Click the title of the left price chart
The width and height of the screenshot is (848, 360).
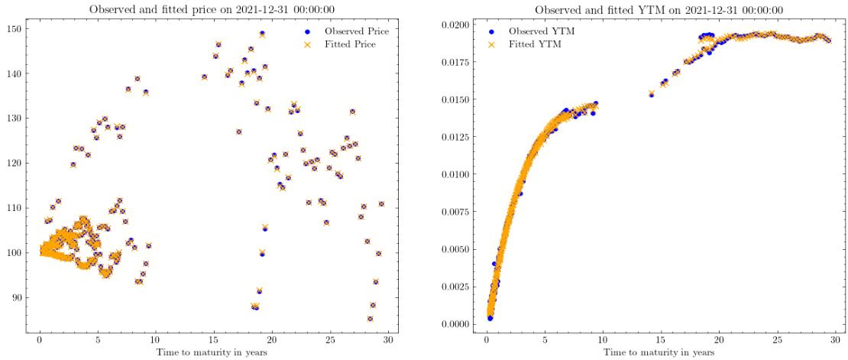tap(213, 10)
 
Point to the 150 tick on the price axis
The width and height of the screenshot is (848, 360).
tap(17, 28)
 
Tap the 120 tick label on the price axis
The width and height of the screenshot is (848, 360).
tap(17, 163)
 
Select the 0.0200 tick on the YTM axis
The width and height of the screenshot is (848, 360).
tap(460, 25)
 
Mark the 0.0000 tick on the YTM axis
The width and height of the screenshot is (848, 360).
tap(460, 324)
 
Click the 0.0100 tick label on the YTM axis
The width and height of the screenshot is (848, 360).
tap(460, 174)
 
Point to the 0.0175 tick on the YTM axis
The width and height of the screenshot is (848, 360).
tap(460, 63)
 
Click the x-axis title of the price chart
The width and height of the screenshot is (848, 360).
tap(212, 352)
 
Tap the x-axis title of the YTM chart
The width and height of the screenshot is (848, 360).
tap(659, 352)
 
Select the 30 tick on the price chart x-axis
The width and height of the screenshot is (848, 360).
tap(388, 341)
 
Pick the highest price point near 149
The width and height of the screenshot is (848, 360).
tap(262, 34)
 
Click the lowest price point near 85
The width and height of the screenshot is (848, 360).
tap(370, 319)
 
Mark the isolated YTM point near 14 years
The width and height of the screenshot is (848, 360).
tap(652, 93)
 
